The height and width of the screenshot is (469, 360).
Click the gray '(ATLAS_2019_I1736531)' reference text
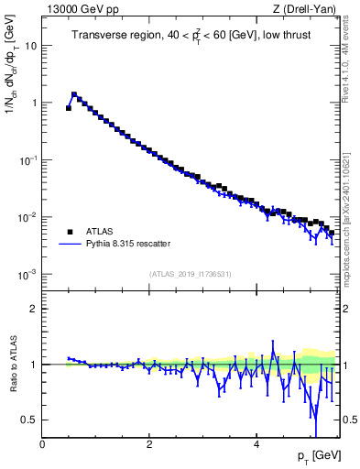(x=191, y=274)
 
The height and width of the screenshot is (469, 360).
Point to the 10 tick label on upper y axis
(x=31, y=45)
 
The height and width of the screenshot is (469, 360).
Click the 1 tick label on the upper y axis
(x=34, y=103)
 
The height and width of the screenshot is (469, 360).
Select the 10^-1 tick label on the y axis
(x=28, y=159)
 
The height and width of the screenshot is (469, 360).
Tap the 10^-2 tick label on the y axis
(x=28, y=217)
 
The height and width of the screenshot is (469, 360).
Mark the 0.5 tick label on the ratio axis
(x=30, y=420)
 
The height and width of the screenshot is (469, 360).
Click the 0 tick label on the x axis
(x=42, y=444)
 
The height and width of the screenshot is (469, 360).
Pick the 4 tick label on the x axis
(x=256, y=444)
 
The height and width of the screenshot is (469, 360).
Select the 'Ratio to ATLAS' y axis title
(x=11, y=365)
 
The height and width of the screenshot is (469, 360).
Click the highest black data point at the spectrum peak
(x=74, y=94)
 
